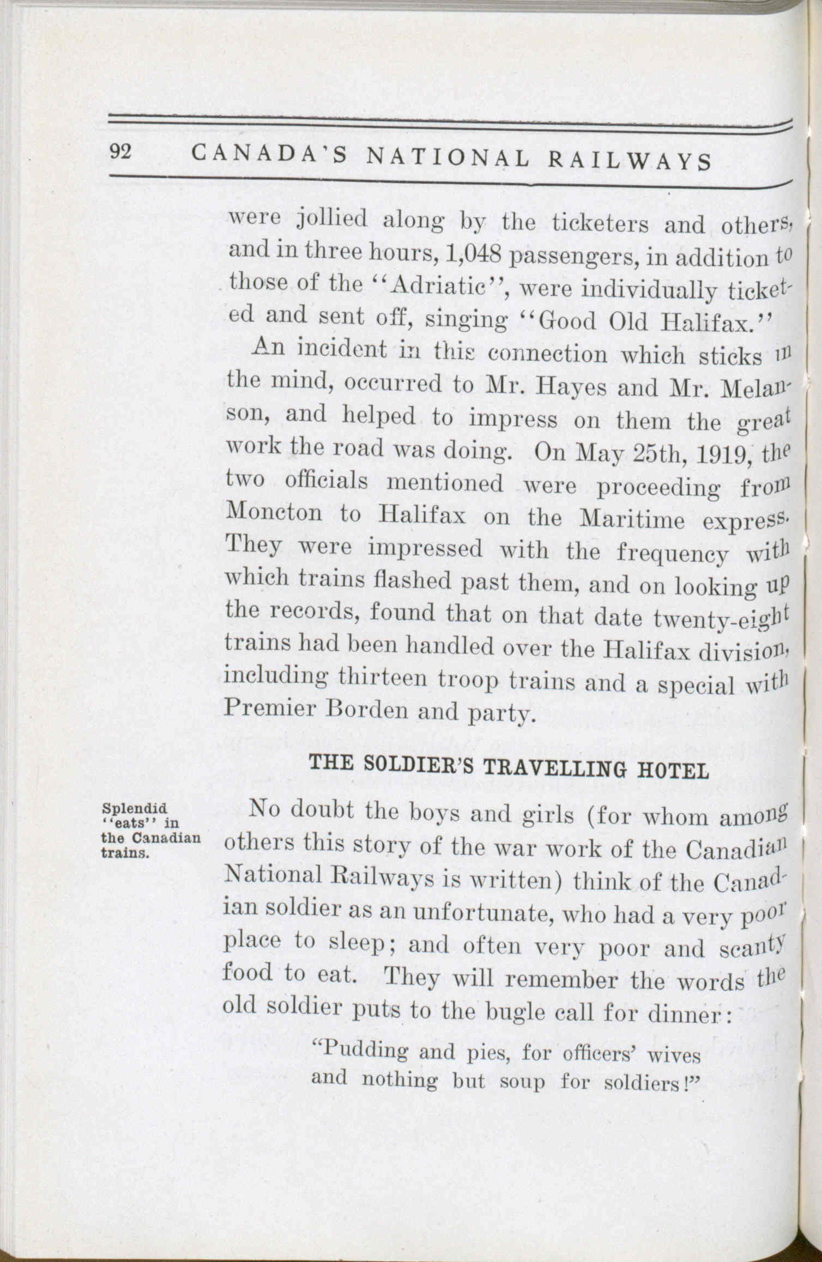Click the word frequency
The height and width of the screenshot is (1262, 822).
point(673,553)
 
